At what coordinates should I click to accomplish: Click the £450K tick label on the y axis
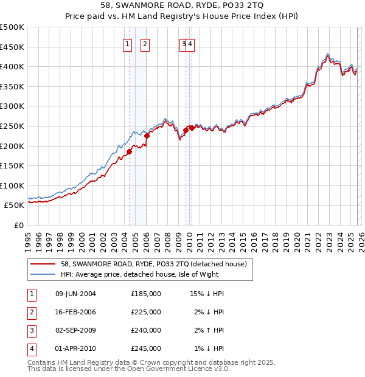tap(12, 47)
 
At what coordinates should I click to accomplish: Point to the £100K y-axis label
tap(12, 185)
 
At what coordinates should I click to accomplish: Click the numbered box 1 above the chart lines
tap(128, 43)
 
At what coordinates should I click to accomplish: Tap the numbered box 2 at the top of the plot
tap(145, 43)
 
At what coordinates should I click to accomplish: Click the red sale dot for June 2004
tap(129, 152)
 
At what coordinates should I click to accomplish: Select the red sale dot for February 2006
tap(147, 136)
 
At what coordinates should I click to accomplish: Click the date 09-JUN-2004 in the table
tap(75, 294)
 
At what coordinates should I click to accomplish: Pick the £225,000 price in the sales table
tap(146, 312)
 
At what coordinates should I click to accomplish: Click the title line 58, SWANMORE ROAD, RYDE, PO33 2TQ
tap(182, 6)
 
